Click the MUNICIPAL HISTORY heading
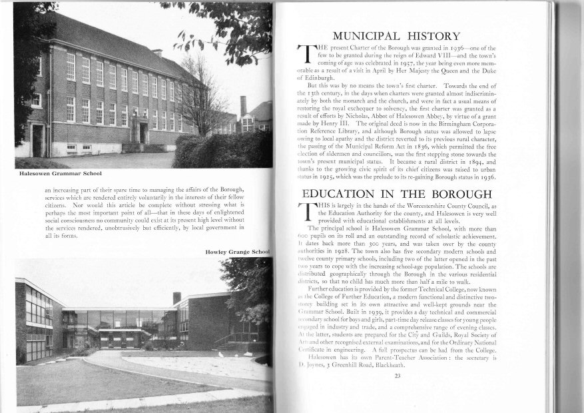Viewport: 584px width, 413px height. (396, 36)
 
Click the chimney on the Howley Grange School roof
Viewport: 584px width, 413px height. (176, 298)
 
